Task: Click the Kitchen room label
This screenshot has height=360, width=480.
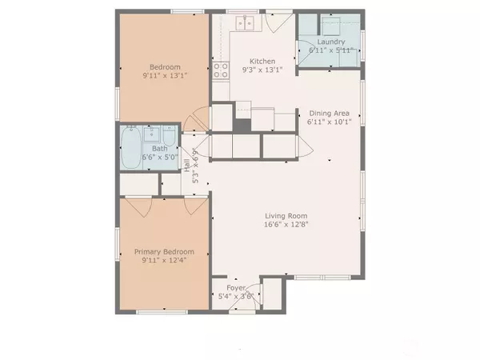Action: (262, 62)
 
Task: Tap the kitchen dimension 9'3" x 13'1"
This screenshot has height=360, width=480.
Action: (262, 70)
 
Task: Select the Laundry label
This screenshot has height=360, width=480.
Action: (330, 42)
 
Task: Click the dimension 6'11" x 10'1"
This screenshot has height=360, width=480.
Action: (330, 123)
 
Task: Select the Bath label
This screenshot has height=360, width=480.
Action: (160, 148)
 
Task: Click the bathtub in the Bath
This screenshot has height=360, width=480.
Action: (131, 148)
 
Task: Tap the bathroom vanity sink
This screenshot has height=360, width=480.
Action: (170, 134)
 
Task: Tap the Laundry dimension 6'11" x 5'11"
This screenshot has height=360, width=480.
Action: (330, 50)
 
